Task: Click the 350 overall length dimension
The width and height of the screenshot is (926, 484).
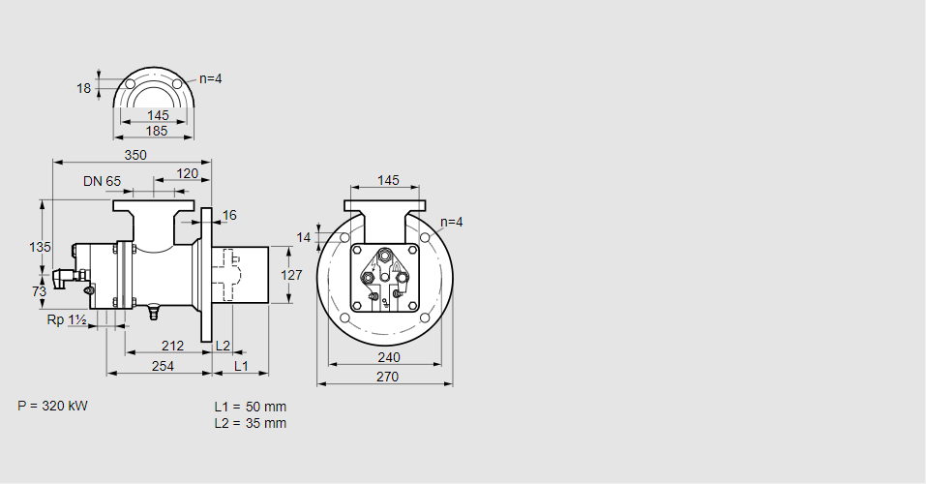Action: coord(135,155)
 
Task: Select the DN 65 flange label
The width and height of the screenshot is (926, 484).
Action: coord(102,181)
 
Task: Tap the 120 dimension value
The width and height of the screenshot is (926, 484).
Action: coord(187,173)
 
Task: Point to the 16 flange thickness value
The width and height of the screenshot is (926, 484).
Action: coord(229,215)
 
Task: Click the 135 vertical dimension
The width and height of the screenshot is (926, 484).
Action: coord(41,247)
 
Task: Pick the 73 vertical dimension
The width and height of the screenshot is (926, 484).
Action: coord(39,291)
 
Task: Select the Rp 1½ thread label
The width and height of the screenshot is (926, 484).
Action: coord(67,319)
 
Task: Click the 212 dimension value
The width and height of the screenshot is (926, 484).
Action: coord(172,346)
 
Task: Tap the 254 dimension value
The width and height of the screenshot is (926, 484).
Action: coord(163,366)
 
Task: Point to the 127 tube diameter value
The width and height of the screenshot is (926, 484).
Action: coord(292,275)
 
